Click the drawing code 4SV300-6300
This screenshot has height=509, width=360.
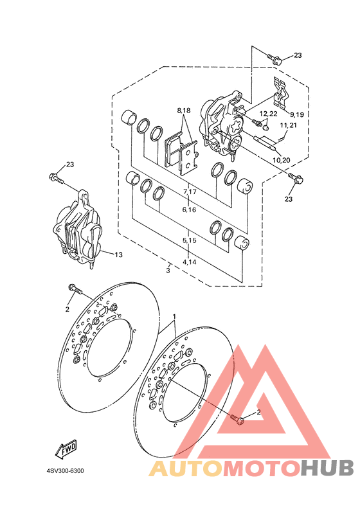point(65,470)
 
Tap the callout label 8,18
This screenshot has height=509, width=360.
point(184,111)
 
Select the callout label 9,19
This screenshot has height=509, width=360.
point(297,114)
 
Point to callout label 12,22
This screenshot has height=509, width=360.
point(269,114)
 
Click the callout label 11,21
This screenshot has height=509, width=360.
point(289,125)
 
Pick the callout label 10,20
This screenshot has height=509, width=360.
point(282,160)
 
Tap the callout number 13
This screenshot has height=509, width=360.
point(119,255)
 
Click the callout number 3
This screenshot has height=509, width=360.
point(168,270)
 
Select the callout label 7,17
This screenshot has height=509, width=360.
point(190,192)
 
